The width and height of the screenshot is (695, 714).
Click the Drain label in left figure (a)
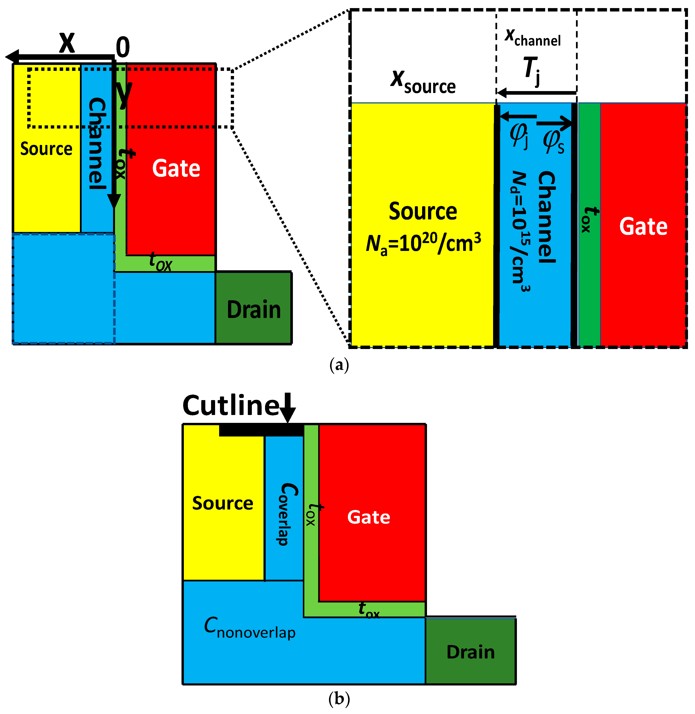pos(254,309)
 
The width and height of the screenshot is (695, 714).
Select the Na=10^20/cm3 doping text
pos(423,243)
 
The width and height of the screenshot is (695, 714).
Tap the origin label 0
pos(123,47)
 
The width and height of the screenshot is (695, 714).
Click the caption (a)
pos(339,365)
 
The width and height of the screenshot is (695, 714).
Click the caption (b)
pos(339,699)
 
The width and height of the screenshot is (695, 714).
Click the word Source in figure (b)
pos(223,503)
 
